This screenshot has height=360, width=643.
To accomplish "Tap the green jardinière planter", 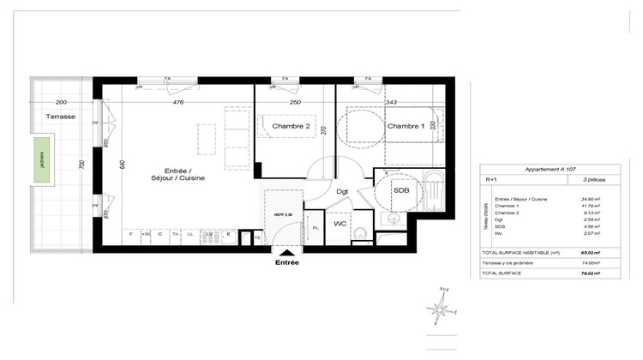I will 40,163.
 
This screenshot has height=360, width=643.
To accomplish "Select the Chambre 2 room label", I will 290,127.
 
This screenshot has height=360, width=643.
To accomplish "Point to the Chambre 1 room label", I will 406,127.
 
